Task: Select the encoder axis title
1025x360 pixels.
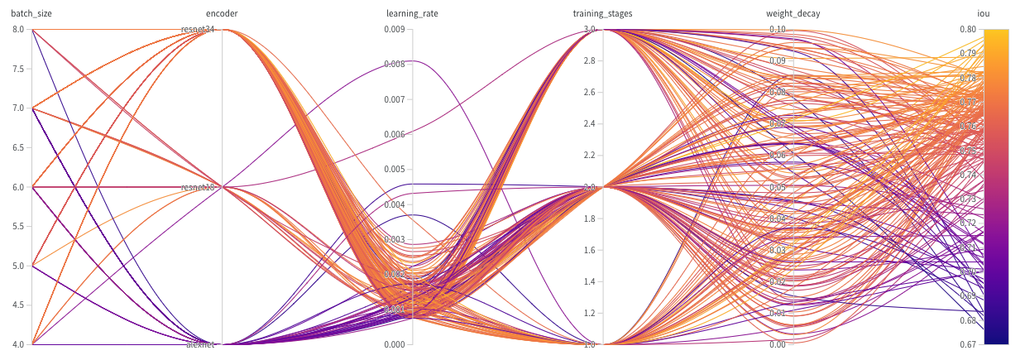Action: click(222, 13)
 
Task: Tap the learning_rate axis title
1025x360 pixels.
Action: click(413, 13)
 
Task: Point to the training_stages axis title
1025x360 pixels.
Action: click(603, 13)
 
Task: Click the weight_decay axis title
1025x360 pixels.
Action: click(793, 13)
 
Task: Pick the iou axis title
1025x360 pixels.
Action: click(984, 13)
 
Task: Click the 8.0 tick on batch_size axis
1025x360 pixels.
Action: click(18, 30)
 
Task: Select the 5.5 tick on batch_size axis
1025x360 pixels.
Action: click(18, 226)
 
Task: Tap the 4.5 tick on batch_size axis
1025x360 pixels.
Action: click(18, 305)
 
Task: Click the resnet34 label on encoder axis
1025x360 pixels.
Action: click(199, 30)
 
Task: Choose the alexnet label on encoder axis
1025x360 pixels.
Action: click(200, 344)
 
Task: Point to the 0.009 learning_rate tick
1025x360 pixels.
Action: click(395, 30)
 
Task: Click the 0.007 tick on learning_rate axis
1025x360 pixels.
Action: click(395, 99)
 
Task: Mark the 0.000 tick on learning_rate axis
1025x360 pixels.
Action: click(395, 344)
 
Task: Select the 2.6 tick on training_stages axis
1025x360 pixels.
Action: click(587, 93)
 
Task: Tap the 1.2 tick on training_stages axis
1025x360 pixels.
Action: click(587, 313)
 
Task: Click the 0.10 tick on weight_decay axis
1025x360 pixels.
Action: click(778, 30)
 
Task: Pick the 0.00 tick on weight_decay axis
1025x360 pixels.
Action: click(778, 344)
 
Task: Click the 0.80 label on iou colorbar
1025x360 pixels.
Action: click(967, 30)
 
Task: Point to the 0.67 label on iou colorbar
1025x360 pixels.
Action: click(967, 344)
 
